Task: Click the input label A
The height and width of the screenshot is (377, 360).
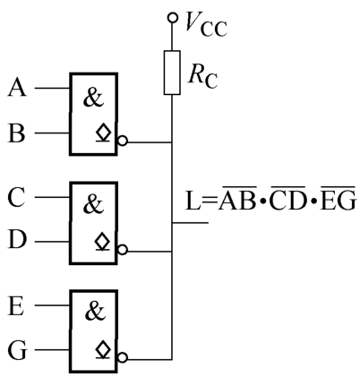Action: point(17,87)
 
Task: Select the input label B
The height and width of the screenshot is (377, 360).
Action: point(16,133)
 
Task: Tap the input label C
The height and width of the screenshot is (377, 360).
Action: point(16,197)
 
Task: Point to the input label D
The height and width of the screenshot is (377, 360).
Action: point(17,239)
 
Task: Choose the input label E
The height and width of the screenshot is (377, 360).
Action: point(16,306)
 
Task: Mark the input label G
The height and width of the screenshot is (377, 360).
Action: point(17,350)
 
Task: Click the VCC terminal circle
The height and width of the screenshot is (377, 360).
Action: point(172,17)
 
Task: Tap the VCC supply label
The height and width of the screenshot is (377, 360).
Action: point(206,24)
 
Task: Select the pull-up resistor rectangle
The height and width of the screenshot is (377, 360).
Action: point(172,73)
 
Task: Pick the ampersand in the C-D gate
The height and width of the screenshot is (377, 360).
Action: point(93,204)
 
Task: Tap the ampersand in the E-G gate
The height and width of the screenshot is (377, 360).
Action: point(95,311)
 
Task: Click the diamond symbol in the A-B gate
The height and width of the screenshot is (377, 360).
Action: point(103,132)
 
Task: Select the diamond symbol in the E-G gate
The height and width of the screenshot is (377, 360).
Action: point(103,349)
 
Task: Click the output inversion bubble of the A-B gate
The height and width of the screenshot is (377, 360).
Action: point(123,141)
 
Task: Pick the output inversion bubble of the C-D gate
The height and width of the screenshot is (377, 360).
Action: point(123,250)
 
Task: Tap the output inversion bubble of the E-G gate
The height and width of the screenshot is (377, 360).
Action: point(123,357)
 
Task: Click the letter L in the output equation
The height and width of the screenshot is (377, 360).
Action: point(193,201)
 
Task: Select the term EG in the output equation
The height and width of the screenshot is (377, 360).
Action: point(339,198)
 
